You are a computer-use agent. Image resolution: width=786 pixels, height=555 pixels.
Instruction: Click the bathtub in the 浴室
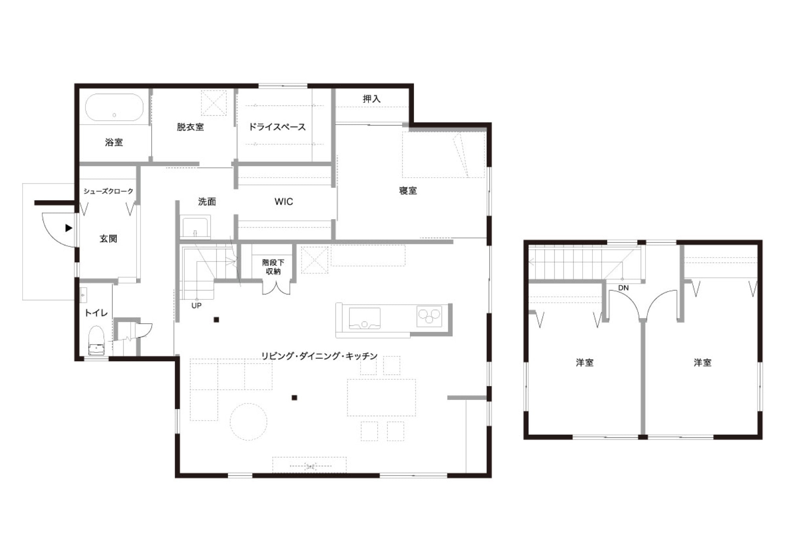[114, 107]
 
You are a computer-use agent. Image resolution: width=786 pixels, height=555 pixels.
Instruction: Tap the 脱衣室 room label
[190, 127]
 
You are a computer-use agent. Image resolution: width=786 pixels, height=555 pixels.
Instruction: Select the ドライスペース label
[277, 127]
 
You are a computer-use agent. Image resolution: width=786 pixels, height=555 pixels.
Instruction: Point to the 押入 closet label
[371, 99]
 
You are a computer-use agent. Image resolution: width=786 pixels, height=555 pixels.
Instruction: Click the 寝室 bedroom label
[408, 190]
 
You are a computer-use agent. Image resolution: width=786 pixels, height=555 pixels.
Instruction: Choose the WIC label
[284, 201]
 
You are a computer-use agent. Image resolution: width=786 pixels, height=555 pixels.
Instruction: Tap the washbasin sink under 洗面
[195, 227]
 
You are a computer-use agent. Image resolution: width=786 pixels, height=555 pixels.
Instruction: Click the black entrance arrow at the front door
[69, 228]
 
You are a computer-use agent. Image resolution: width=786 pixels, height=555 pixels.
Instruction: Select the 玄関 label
[108, 238]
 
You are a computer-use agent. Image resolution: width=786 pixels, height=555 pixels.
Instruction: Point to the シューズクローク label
[108, 191]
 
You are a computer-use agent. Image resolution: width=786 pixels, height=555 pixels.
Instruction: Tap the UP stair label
[196, 305]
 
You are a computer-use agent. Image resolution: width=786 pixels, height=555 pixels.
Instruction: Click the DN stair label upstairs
[623, 288]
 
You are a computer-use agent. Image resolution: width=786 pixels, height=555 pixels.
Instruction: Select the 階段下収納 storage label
[273, 267]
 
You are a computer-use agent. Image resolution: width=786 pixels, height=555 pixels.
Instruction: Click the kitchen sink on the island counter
[364, 318]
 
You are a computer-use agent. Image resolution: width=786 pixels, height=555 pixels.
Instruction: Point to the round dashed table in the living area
[249, 422]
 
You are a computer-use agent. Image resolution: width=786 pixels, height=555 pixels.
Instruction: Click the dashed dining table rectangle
[381, 397]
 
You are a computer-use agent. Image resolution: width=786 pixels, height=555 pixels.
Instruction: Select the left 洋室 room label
[585, 363]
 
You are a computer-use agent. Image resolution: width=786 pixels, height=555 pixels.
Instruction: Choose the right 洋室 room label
[702, 363]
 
